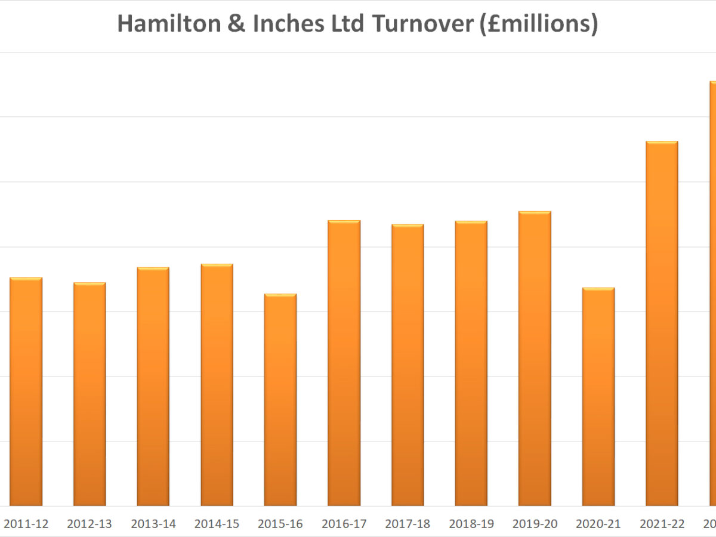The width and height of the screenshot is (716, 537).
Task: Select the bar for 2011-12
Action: pos(26,392)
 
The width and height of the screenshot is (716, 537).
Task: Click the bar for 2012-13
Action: pos(89,394)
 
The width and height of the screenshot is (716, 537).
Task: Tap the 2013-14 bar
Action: pos(153,387)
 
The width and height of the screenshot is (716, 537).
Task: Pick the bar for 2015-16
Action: pos(280,400)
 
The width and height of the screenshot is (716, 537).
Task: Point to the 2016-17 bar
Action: pos(344,363)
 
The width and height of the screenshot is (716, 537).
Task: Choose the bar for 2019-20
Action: pos(535,359)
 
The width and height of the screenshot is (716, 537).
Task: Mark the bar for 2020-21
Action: pos(598,397)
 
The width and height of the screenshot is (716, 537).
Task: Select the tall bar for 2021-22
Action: pos(662,323)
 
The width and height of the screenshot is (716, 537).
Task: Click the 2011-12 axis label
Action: pos(26,524)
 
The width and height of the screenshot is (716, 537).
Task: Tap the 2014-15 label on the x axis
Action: pos(217,524)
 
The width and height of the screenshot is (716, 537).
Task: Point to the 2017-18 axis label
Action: pos(408,524)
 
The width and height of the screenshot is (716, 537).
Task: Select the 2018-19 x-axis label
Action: pos(471,524)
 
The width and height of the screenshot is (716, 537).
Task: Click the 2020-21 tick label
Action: pos(598,524)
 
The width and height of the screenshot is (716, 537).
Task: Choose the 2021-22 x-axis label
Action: pos(662,524)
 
